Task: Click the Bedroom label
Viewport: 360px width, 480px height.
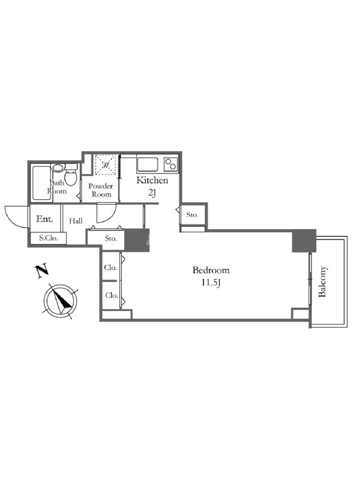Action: point(211,271)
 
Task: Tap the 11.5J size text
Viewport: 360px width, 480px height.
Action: point(211,283)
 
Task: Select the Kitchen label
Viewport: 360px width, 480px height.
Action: point(152,181)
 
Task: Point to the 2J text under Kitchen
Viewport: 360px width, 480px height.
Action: point(152,193)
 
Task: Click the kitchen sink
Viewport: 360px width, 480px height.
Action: point(148,164)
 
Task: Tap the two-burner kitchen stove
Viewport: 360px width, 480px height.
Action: point(171,164)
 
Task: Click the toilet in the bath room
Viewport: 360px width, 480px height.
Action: point(71,175)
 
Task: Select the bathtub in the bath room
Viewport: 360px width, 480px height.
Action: point(41,183)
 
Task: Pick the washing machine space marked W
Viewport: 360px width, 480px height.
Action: point(106,164)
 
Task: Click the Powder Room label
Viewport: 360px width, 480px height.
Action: point(101,190)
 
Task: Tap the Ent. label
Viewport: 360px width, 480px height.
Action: point(44,219)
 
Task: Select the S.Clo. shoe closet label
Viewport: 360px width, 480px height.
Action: point(49,238)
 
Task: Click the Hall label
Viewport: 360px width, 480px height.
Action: point(76,221)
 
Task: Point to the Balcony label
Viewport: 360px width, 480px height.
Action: point(323,281)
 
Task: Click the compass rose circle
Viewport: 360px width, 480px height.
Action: point(61,301)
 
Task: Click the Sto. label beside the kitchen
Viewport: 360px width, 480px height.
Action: point(192,215)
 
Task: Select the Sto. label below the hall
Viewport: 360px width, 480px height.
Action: point(111,238)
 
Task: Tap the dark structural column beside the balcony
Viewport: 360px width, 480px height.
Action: point(304,241)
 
